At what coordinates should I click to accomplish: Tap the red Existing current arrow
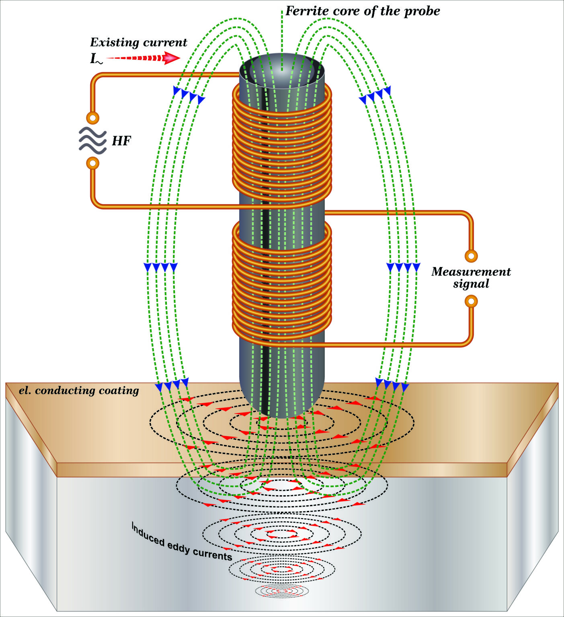click(145, 59)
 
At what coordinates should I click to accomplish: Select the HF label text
click(121, 141)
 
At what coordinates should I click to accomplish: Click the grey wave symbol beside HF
click(92, 141)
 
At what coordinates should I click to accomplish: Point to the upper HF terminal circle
click(93, 118)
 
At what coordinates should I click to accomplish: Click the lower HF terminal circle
click(93, 163)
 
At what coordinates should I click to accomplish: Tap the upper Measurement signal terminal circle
click(471, 256)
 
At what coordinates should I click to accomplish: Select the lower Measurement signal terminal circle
click(471, 301)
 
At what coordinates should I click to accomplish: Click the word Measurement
click(471, 272)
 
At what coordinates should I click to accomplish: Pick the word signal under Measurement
click(471, 284)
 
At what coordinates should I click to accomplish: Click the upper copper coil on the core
click(282, 141)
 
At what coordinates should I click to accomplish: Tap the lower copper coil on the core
click(282, 277)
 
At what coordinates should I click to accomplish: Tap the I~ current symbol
click(96, 59)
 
